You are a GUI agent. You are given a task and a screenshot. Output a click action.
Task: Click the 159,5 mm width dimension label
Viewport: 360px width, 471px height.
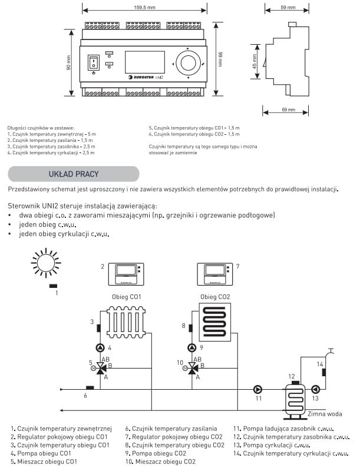point(145,8)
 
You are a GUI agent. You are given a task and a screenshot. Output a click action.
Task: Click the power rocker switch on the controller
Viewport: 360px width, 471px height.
point(93,62)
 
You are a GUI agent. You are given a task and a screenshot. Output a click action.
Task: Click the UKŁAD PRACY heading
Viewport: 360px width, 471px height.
point(73,174)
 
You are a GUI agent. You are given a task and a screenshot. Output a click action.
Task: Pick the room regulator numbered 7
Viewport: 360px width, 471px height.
point(215,271)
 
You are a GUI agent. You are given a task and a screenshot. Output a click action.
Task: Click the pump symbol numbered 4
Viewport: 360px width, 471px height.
point(100,347)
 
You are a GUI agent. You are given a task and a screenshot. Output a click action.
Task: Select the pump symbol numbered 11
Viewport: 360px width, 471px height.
point(257,389)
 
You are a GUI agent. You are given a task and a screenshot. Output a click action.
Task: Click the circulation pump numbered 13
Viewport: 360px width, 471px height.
point(315,389)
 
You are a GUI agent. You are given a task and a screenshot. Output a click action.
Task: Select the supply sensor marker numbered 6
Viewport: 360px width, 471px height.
point(90,387)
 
